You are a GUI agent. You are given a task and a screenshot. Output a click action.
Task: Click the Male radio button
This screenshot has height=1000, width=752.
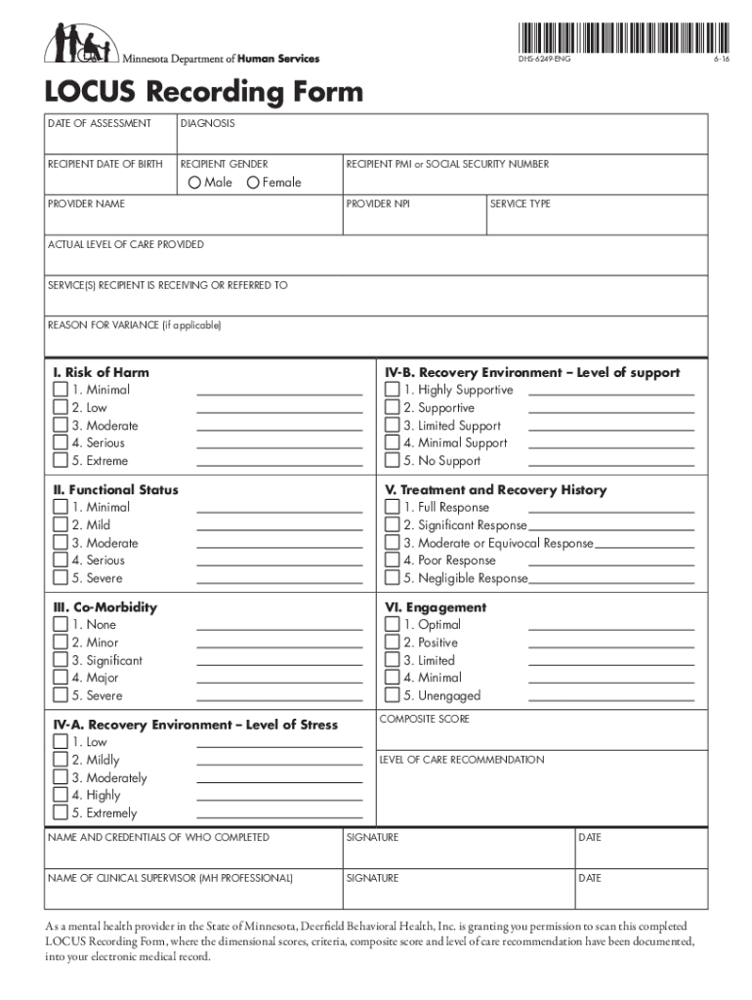tap(194, 183)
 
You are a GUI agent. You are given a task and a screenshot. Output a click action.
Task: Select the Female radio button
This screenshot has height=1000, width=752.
tap(253, 183)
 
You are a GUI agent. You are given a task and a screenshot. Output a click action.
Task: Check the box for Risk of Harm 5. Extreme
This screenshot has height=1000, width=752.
tap(61, 461)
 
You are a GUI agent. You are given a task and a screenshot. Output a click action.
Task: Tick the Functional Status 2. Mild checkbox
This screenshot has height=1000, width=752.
tap(61, 525)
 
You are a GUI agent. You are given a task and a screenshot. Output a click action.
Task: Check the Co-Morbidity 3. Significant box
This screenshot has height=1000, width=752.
tap(61, 660)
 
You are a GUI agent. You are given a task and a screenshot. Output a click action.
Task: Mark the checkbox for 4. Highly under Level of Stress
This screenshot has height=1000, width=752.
tap(61, 796)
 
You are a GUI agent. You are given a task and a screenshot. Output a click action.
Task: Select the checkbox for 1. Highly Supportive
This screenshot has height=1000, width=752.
tap(393, 391)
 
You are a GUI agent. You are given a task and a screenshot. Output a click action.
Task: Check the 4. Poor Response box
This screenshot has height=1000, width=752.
tap(393, 561)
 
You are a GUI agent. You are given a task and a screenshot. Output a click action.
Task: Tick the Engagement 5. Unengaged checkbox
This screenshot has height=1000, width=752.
tap(393, 695)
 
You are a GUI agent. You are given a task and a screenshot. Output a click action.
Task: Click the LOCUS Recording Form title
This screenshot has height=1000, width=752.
tap(203, 93)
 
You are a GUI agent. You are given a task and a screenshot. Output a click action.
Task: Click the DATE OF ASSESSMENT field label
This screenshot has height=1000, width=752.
tap(100, 123)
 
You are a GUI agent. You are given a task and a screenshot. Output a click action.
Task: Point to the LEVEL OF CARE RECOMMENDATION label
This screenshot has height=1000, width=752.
tap(461, 760)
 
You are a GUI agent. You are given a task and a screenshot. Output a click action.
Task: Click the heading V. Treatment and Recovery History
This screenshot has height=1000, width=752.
tap(496, 490)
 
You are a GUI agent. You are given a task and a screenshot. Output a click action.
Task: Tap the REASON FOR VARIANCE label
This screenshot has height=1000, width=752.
tap(135, 325)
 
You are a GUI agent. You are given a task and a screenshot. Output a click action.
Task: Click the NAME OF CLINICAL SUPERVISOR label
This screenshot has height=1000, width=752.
tap(170, 878)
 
